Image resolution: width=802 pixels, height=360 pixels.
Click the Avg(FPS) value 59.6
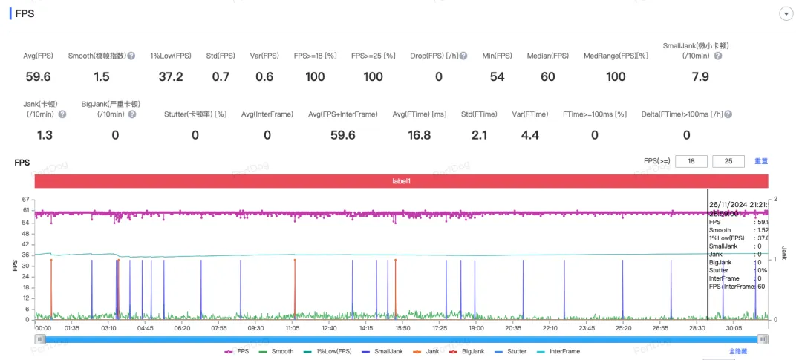click(x=38, y=77)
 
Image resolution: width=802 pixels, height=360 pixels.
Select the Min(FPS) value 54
click(x=497, y=77)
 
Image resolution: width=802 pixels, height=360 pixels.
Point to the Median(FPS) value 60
click(x=547, y=77)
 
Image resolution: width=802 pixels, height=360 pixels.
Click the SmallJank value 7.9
click(x=700, y=77)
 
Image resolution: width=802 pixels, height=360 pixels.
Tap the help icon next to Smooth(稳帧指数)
click(x=131, y=56)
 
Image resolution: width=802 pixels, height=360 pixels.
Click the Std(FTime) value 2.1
click(x=479, y=135)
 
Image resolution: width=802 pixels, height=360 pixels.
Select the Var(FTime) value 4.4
click(x=530, y=135)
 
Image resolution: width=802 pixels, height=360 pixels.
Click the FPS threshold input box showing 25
click(x=728, y=162)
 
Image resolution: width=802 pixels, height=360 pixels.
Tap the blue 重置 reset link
click(x=761, y=162)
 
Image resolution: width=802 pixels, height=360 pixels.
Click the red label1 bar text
click(x=401, y=181)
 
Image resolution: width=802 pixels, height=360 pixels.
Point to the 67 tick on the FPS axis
click(x=25, y=200)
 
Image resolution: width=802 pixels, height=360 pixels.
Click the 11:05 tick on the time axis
click(x=293, y=327)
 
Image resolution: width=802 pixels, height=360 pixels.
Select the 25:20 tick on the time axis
click(x=623, y=327)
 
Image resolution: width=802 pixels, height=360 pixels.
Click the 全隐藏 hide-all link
click(x=739, y=351)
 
